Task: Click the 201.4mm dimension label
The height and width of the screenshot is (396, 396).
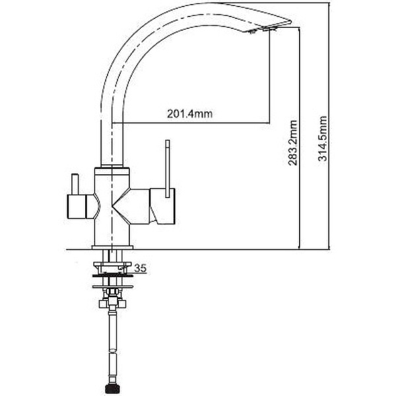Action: [x=189, y=114]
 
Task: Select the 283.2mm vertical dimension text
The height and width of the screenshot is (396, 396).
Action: [x=293, y=143]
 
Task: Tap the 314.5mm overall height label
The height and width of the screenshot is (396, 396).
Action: [x=323, y=139]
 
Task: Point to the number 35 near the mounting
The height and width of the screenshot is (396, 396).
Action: [x=140, y=268]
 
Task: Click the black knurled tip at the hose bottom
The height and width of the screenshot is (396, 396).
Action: [x=110, y=389]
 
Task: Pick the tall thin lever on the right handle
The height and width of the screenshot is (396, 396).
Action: [x=168, y=168]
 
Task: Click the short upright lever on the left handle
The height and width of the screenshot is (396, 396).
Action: [x=75, y=184]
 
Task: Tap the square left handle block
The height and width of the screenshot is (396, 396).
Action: [x=77, y=207]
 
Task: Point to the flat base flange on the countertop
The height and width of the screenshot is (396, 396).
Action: [x=112, y=247]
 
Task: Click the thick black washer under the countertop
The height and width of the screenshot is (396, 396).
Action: [x=113, y=275]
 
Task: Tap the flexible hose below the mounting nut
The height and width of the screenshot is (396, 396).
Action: [x=112, y=346]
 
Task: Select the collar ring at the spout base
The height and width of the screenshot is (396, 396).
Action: [x=112, y=166]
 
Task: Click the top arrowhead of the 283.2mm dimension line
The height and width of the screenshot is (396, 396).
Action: [x=299, y=29]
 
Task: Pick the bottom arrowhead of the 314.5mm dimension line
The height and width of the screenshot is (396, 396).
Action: [x=329, y=246]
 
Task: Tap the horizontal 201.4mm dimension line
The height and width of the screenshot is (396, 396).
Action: [x=191, y=123]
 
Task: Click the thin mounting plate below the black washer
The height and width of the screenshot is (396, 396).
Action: [x=113, y=286]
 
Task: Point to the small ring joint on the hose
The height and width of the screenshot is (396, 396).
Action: [x=112, y=351]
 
